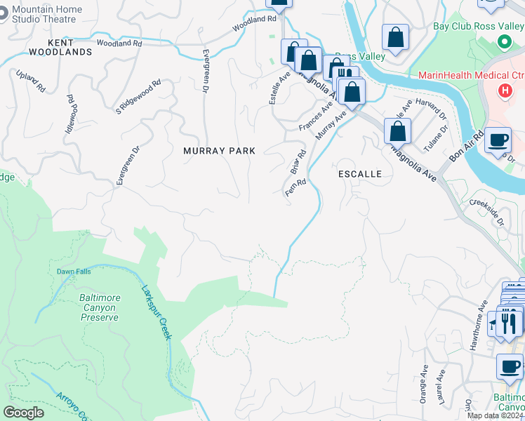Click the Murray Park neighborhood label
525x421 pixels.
coord(219,151)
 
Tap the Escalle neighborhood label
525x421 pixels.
coord(359,173)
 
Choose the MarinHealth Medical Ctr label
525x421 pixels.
coord(471,75)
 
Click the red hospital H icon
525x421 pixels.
coord(503,91)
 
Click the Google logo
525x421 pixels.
coord(23,413)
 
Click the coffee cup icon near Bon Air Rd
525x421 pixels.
coord(498,140)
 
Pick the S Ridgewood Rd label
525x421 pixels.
coord(138,96)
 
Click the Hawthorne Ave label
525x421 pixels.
coord(483,316)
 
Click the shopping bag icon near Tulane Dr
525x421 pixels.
coord(398,131)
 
